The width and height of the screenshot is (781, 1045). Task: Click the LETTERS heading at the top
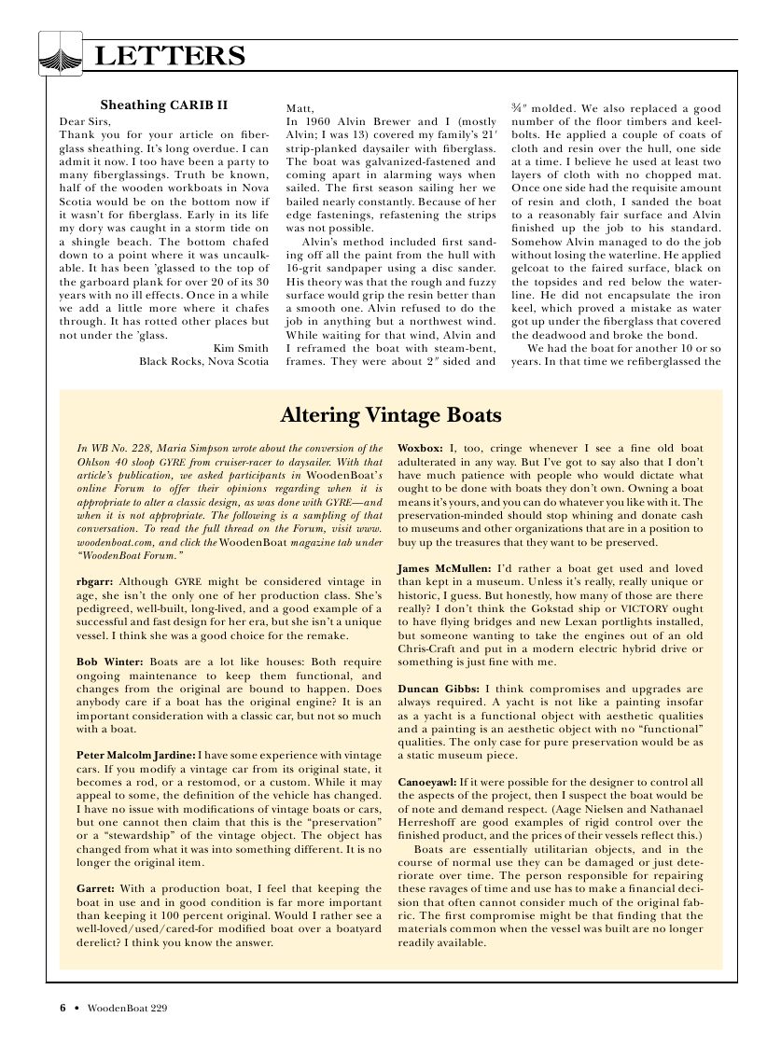click(170, 57)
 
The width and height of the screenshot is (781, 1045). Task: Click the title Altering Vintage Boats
click(391, 414)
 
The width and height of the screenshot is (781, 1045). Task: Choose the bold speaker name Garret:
click(96, 890)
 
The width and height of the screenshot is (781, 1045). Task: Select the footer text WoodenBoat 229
click(128, 1009)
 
